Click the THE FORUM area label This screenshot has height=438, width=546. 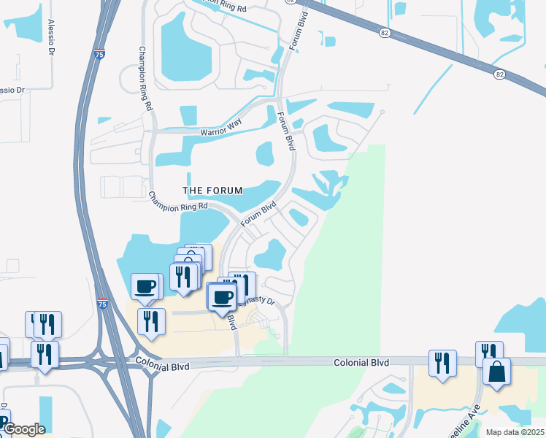212,191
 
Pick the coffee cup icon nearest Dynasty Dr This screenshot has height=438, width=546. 223,297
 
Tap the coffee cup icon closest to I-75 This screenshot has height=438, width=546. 145,286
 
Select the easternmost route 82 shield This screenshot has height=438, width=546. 499,74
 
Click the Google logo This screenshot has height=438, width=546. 24,429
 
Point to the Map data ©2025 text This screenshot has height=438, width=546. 515,432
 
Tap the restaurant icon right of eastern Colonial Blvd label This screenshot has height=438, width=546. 442,363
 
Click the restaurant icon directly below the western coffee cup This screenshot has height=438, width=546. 151,321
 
